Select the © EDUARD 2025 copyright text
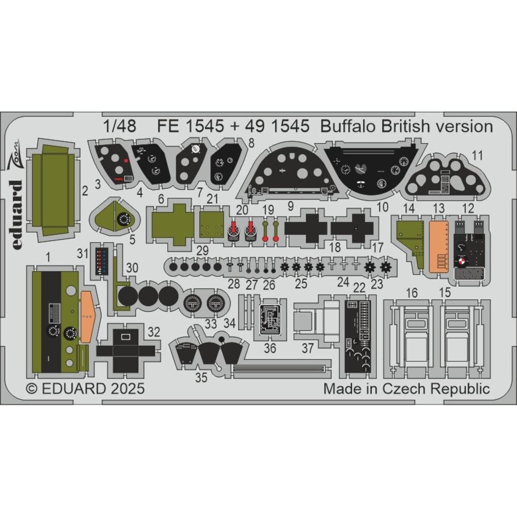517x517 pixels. [x=85, y=388]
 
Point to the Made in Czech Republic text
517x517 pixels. [x=406, y=388]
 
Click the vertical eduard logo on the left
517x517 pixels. [x=17, y=215]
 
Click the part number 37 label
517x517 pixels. [x=308, y=348]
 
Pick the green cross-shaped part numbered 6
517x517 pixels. [x=173, y=224]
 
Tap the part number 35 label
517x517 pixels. [x=201, y=377]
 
